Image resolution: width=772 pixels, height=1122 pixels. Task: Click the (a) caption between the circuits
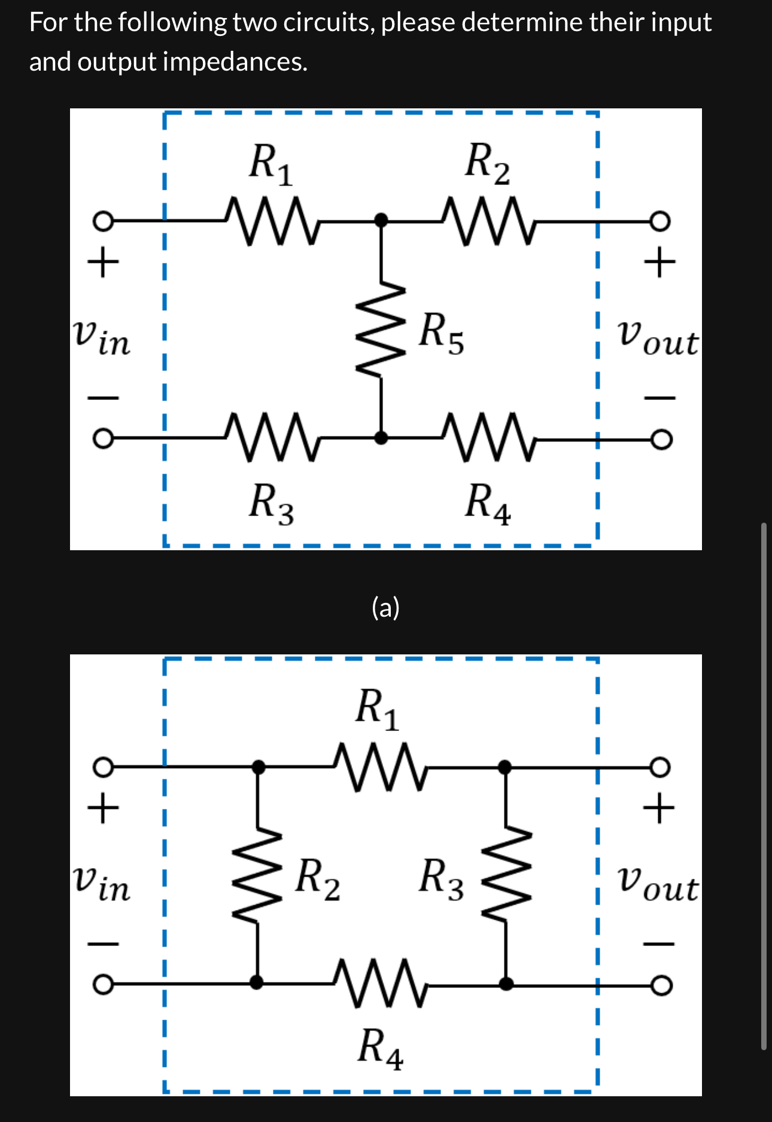pyautogui.click(x=385, y=608)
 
